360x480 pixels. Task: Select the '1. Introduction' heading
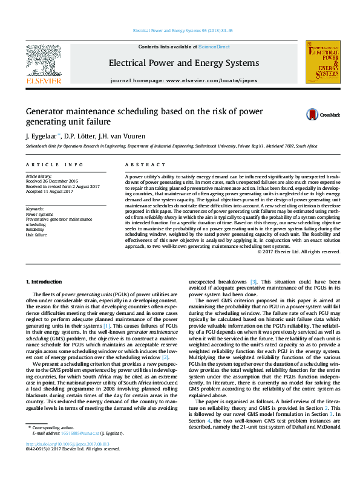[x=46, y=282]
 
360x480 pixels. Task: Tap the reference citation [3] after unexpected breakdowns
[x=254, y=282]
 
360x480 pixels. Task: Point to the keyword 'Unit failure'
[x=37, y=235]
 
